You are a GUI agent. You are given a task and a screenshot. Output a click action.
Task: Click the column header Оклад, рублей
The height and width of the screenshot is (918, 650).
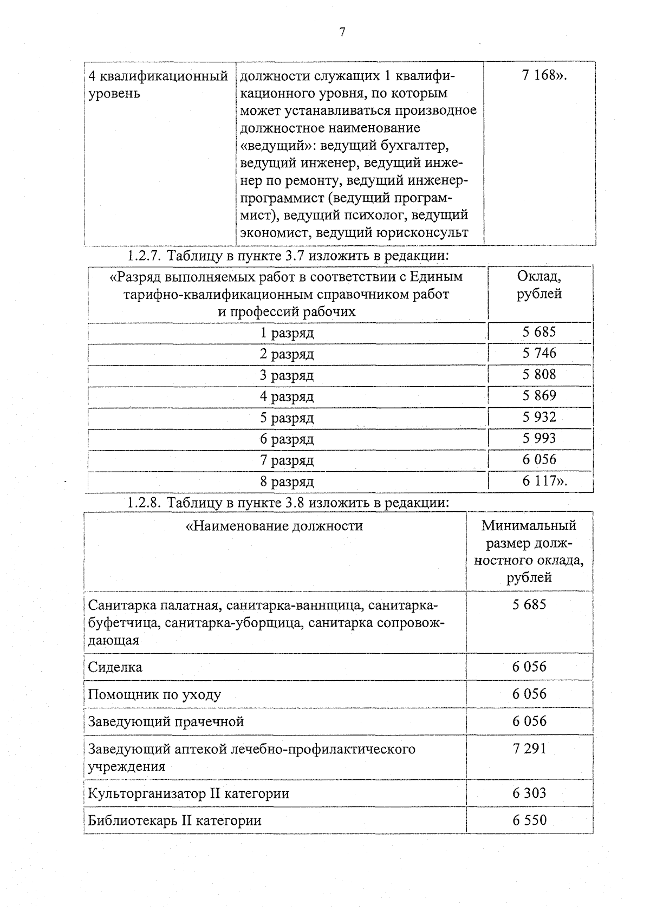click(539, 285)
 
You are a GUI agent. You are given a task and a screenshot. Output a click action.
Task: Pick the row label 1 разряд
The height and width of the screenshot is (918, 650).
click(287, 333)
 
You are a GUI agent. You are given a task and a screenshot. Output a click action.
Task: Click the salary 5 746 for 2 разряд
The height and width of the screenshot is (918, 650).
click(539, 353)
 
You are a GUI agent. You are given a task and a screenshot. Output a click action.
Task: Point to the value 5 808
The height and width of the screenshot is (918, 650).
click(539, 375)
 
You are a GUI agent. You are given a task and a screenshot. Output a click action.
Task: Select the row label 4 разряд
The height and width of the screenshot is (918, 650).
click(287, 396)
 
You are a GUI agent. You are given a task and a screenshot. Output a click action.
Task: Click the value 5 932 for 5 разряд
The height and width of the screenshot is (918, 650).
click(539, 417)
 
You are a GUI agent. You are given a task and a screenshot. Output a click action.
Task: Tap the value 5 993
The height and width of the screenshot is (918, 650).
click(539, 438)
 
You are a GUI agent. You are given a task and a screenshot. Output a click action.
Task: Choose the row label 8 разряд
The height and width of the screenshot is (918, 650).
click(287, 481)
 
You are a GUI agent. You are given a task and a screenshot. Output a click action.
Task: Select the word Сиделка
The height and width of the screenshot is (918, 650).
click(115, 667)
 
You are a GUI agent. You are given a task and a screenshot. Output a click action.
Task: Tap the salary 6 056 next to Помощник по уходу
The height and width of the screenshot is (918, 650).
click(529, 694)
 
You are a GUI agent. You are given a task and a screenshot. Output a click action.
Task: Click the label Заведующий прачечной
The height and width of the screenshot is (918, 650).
click(166, 722)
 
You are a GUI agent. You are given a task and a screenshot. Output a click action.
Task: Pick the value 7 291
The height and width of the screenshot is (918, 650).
click(529, 749)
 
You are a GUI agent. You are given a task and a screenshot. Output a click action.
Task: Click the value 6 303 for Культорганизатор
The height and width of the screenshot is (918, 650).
click(529, 793)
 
